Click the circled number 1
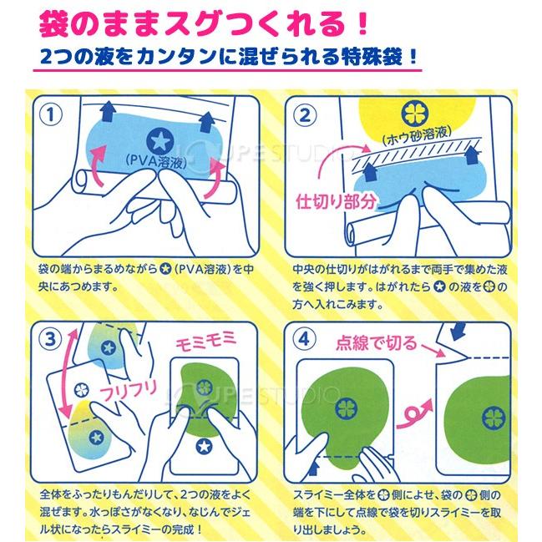pyautogui.click(x=51, y=114)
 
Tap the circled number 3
pyautogui.click(x=50, y=339)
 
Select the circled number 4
pyautogui.click(x=304, y=339)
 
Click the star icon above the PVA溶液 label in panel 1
pyautogui.click(x=160, y=140)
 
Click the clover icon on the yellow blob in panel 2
pyautogui.click(x=415, y=114)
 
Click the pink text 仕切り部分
pyautogui.click(x=336, y=201)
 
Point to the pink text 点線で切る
pyautogui.click(x=377, y=343)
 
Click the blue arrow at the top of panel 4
pyautogui.click(x=458, y=331)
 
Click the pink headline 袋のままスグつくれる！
pyautogui.click(x=203, y=24)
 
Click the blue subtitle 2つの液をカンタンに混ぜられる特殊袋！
pyautogui.click(x=229, y=56)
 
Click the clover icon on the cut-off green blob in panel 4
pyautogui.click(x=494, y=418)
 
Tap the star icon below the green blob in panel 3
pyautogui.click(x=204, y=446)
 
